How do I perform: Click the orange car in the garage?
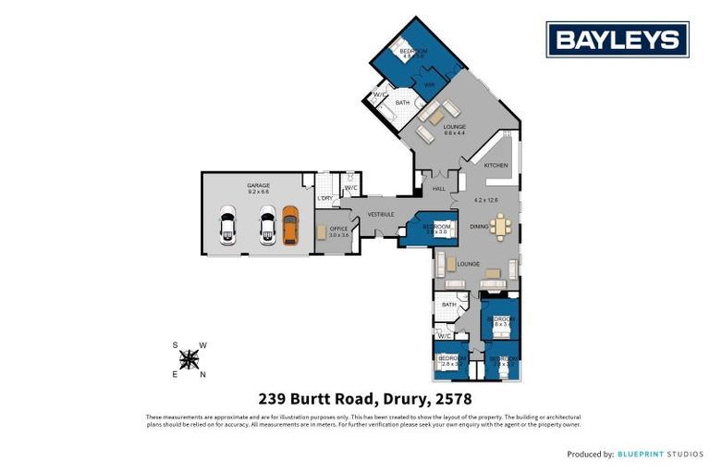pyautogui.click(x=290, y=226)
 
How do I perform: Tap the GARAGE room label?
pyautogui.click(x=258, y=186)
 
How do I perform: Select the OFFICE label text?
pyautogui.click(x=339, y=228)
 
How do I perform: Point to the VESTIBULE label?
pyautogui.click(x=381, y=215)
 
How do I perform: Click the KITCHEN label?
pyautogui.click(x=496, y=165)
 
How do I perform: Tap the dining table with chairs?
pyautogui.click(x=500, y=226)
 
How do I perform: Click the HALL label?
pyautogui.click(x=439, y=189)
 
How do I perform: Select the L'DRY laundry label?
pyautogui.click(x=325, y=199)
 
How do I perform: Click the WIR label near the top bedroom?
pyautogui.click(x=429, y=85)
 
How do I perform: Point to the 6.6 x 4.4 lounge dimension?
pyautogui.click(x=454, y=133)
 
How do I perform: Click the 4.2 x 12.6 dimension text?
pyautogui.click(x=486, y=200)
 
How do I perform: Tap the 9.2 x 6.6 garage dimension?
pyautogui.click(x=258, y=193)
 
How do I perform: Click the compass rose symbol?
pyautogui.click(x=189, y=359)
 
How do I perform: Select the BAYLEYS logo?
pyautogui.click(x=618, y=40)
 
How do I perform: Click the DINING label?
pyautogui.click(x=478, y=226)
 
